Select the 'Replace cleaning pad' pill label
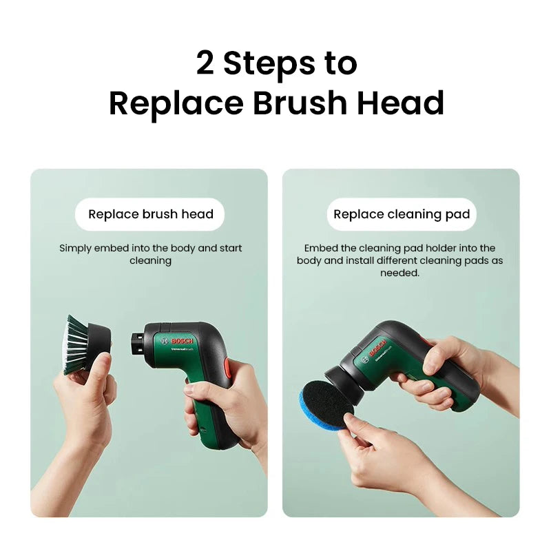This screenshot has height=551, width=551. [402, 214]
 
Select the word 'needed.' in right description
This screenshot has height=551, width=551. [400, 273]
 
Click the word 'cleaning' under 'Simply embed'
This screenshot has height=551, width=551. [150, 261]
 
